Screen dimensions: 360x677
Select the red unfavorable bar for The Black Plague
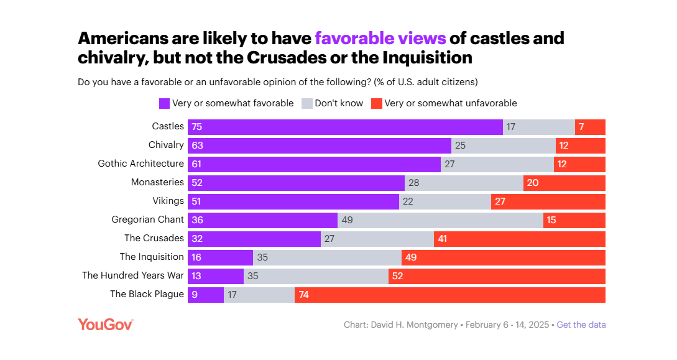pyautogui.click(x=450, y=295)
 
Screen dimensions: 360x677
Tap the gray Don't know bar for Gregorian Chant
pyautogui.click(x=440, y=220)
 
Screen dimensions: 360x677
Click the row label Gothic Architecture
pyautogui.click(x=141, y=164)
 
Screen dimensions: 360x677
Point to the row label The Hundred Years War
pyautogui.click(x=133, y=275)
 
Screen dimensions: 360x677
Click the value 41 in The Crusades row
pyautogui.click(x=443, y=239)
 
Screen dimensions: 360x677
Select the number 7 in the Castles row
pyautogui.click(x=581, y=127)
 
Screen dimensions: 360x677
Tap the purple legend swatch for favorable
pyautogui.click(x=165, y=103)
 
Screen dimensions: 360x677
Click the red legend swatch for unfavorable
pyautogui.click(x=376, y=103)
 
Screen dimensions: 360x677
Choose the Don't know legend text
pyautogui.click(x=339, y=103)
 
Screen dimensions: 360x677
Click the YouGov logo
pyautogui.click(x=105, y=324)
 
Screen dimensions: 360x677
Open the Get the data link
pyautogui.click(x=581, y=325)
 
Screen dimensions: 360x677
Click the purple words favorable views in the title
pyautogui.click(x=380, y=38)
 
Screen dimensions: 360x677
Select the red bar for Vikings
pyautogui.click(x=548, y=201)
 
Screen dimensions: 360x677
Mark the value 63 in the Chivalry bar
pyautogui.click(x=198, y=145)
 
